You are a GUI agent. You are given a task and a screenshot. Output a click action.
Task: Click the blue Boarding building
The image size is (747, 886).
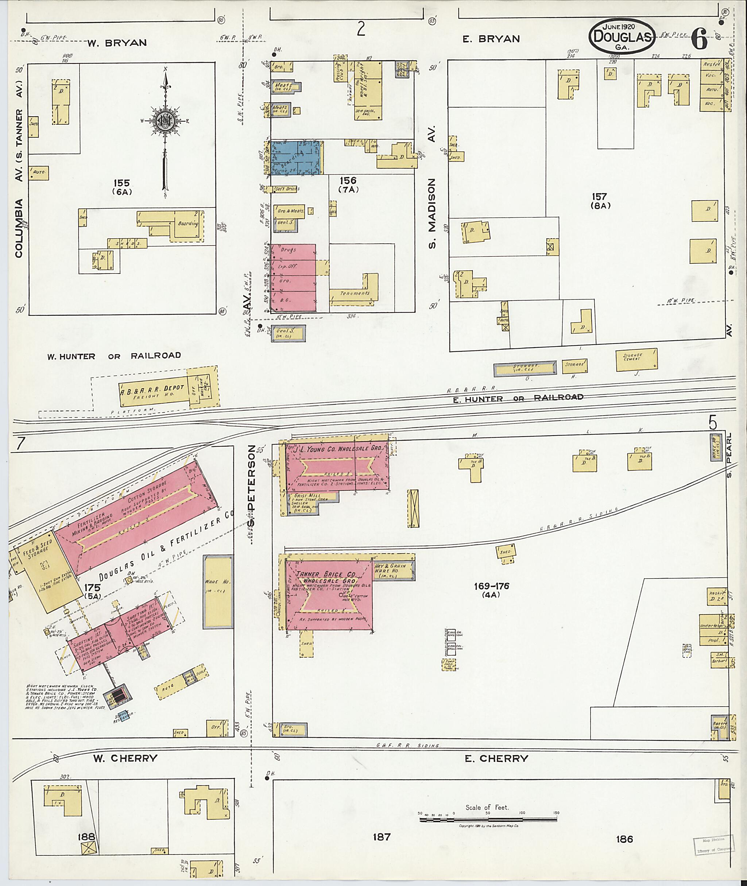coord(296,158)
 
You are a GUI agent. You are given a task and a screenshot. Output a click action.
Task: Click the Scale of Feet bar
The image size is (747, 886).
coord(487,820)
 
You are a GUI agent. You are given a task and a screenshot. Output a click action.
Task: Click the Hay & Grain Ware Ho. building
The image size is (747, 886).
coord(393,570)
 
